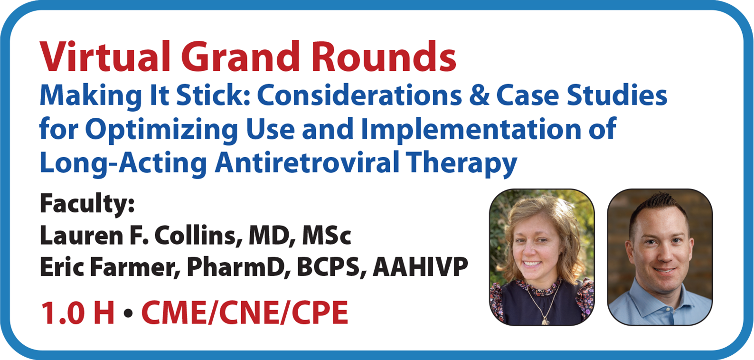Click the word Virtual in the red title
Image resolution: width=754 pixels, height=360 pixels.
point(104,56)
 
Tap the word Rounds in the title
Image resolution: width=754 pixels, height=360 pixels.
point(384,56)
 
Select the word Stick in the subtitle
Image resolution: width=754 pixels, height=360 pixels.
point(213,95)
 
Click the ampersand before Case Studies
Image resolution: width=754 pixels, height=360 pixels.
point(479,95)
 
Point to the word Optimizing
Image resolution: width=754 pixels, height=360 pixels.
point(161,130)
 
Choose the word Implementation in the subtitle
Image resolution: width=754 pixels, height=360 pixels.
point(471,130)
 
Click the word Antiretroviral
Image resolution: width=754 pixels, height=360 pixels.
point(307,162)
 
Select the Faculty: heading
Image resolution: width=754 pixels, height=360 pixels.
point(87,204)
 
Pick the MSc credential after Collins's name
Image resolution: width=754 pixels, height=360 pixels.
point(327,235)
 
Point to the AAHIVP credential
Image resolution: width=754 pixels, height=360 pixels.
point(420,266)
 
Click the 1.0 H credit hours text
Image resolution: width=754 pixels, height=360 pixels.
point(78,313)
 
